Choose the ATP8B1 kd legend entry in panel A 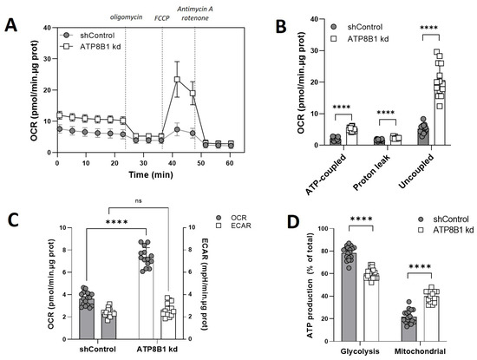pos(94,44)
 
